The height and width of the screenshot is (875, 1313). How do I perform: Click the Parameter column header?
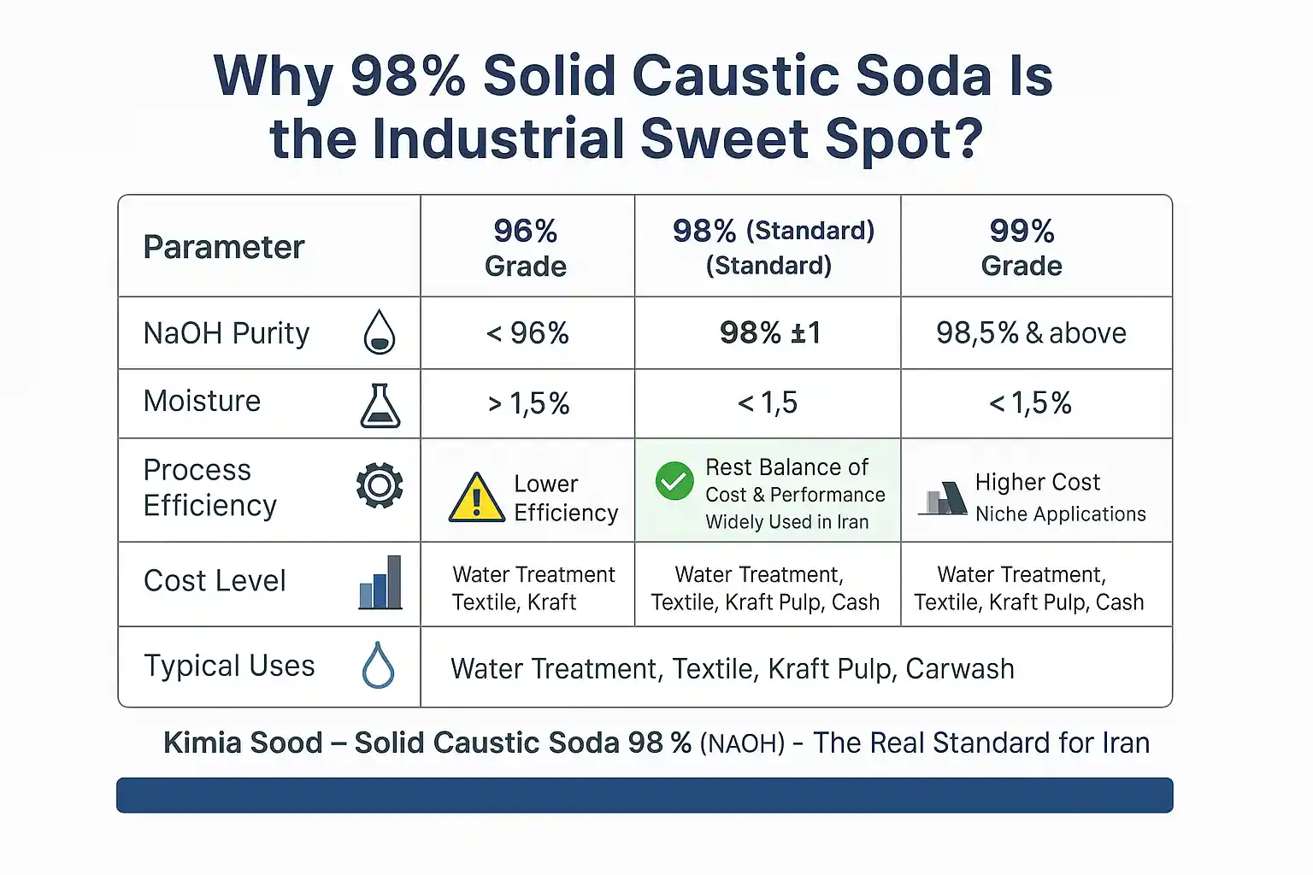click(x=224, y=247)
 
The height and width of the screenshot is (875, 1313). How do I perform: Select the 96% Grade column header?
click(x=526, y=248)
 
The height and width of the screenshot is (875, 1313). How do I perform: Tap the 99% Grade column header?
click(x=1022, y=248)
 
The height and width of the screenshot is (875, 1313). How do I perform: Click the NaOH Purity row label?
click(x=227, y=332)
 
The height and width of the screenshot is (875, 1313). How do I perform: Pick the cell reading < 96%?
click(x=527, y=332)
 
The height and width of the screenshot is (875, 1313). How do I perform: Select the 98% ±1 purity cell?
click(x=769, y=332)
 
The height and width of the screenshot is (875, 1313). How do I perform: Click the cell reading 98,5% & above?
click(x=1031, y=332)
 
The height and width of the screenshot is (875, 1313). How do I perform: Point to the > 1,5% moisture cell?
click(x=528, y=403)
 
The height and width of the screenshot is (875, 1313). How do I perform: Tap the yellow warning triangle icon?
click(x=476, y=497)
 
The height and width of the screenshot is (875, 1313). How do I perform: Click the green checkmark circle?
click(x=674, y=481)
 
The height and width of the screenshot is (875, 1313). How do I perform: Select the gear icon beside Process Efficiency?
click(x=380, y=486)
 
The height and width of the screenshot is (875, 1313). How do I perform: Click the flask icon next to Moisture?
click(x=380, y=405)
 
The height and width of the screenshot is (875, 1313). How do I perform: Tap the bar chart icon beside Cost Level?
click(x=380, y=582)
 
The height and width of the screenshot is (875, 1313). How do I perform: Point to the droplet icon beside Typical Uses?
click(x=378, y=666)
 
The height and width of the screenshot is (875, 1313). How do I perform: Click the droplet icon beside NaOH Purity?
click(x=380, y=332)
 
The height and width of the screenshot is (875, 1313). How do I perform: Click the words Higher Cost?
click(x=1037, y=482)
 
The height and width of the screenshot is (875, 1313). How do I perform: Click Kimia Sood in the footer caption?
click(x=243, y=743)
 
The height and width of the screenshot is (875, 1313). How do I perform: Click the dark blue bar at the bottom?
click(x=645, y=795)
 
